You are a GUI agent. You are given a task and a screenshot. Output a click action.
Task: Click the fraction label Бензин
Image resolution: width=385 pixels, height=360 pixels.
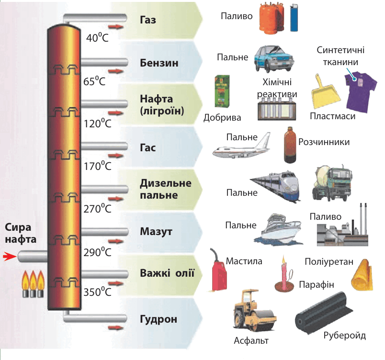click(x=159, y=63)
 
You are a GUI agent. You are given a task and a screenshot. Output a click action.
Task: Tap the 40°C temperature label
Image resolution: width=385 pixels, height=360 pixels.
click(x=97, y=37)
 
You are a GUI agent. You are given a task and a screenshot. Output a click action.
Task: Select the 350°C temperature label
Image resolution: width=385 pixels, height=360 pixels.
click(x=98, y=292)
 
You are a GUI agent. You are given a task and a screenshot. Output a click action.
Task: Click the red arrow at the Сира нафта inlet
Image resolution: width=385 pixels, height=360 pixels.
click(x=9, y=257)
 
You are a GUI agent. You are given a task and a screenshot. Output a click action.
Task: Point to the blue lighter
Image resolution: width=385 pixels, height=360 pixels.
click(x=294, y=18)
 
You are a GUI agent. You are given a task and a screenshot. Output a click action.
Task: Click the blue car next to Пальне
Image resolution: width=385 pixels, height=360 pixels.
click(x=274, y=59)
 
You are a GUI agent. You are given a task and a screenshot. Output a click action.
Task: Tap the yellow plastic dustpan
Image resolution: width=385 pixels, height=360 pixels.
click(x=325, y=92)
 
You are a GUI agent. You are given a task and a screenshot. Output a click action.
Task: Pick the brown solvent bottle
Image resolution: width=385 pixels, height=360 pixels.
click(x=290, y=145)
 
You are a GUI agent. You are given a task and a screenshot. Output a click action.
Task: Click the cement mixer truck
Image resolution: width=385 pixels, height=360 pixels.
click(x=332, y=183)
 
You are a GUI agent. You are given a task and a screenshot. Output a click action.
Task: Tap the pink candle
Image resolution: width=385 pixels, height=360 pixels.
click(x=284, y=275)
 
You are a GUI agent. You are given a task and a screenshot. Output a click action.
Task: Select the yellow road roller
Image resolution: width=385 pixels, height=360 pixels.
click(x=254, y=310)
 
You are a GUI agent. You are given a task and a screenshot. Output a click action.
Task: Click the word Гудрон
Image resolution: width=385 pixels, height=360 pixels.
click(x=159, y=319)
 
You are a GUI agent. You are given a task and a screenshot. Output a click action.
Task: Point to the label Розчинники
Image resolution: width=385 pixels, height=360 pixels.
click(x=324, y=142)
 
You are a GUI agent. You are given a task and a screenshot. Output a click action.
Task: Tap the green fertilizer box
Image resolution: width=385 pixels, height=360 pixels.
click(x=222, y=91)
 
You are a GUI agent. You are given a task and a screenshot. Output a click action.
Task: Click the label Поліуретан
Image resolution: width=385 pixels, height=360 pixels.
click(x=329, y=261)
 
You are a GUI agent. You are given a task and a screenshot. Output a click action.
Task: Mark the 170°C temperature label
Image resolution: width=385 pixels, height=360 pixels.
click(x=98, y=166)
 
